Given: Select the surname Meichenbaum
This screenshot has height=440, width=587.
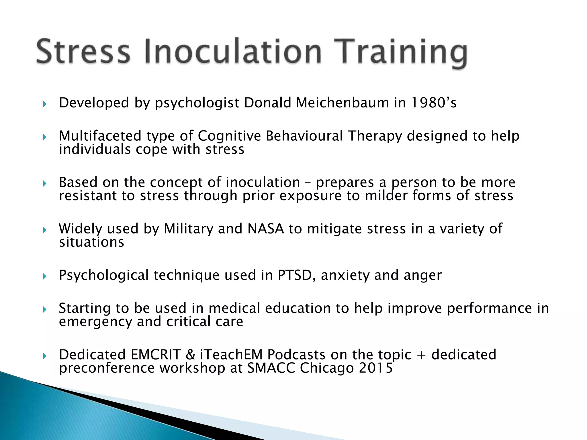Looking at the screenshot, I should [x=342, y=103].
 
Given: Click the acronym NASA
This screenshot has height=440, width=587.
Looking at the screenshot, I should [x=266, y=229].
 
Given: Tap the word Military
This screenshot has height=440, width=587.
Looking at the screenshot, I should [x=189, y=229].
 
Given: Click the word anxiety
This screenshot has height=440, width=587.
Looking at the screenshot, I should [x=345, y=275].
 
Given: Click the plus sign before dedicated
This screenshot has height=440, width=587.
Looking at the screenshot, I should [x=421, y=355].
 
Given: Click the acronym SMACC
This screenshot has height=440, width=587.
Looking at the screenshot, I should [x=271, y=368].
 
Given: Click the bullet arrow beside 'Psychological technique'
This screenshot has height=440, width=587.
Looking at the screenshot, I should [x=44, y=276].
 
